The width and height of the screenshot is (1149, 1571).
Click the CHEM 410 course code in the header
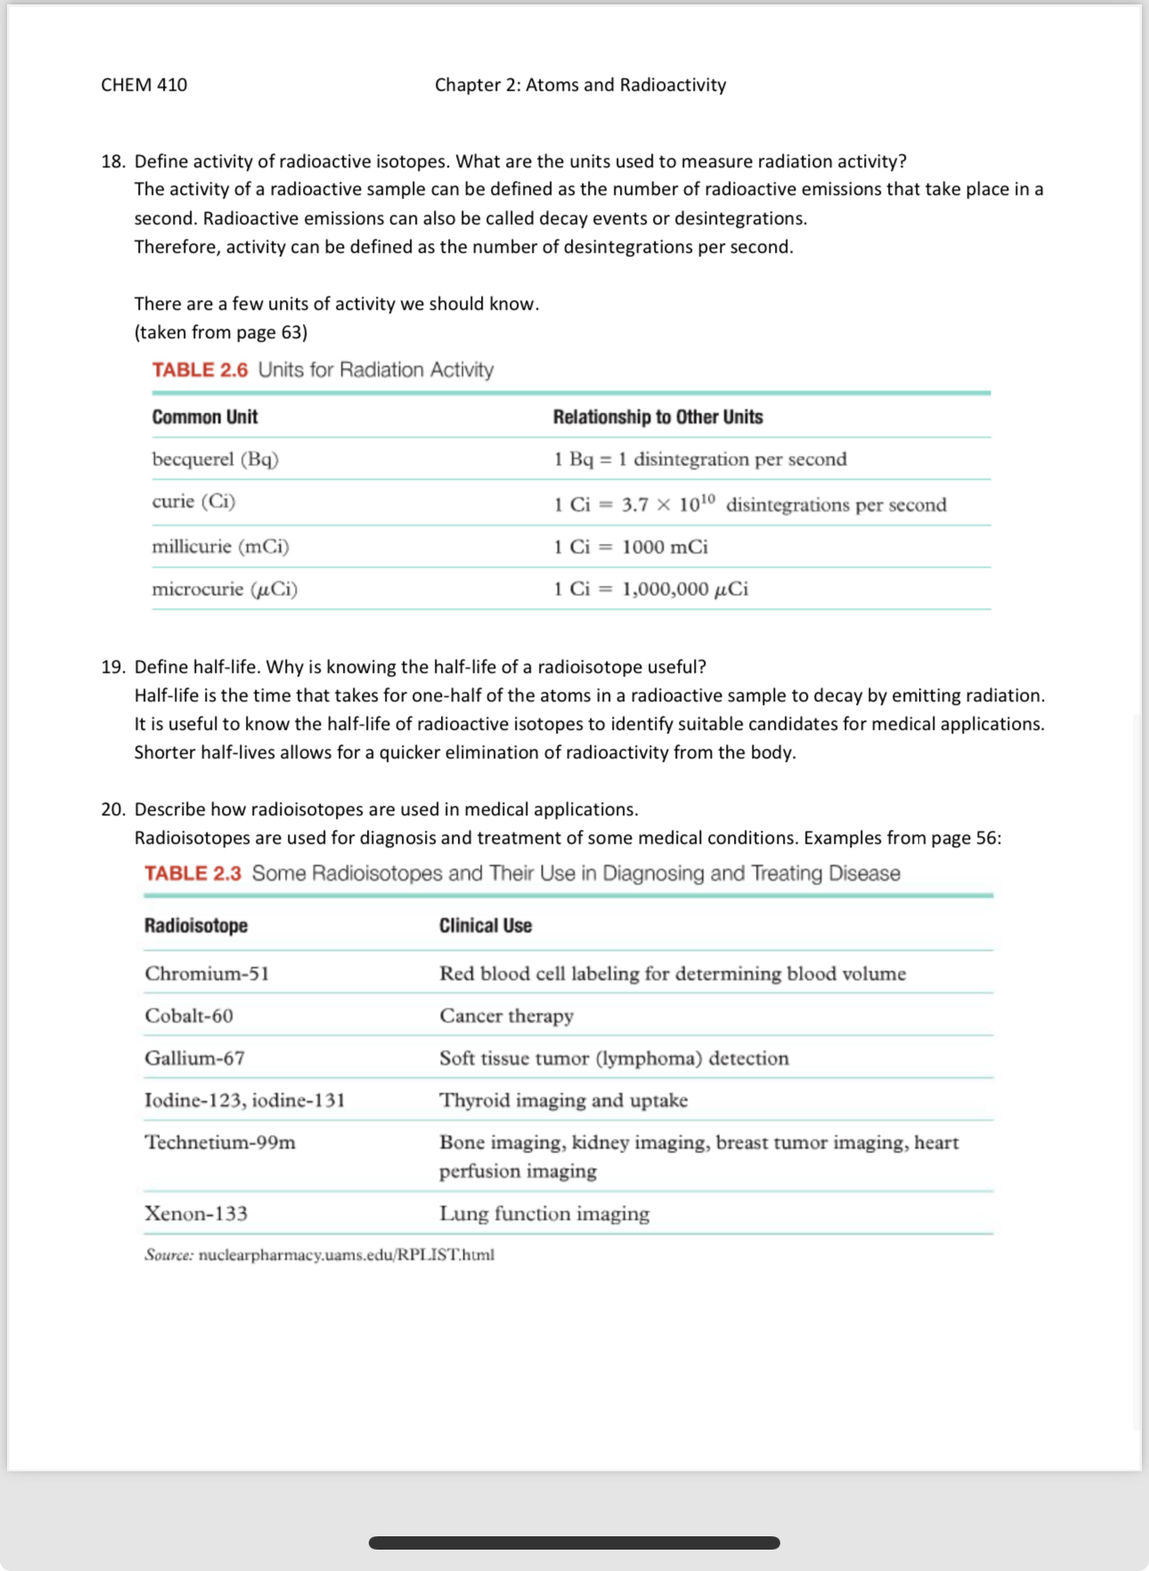point(143,85)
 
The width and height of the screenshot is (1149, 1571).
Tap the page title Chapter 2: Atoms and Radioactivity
point(580,85)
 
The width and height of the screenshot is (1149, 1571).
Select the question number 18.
point(112,161)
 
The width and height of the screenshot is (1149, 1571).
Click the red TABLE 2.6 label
point(200,369)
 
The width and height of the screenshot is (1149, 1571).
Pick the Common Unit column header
point(205,417)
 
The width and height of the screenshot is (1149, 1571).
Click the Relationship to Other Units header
point(657,417)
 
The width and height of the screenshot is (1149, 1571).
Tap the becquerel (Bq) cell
point(216,459)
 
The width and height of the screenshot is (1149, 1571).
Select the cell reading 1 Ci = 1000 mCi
point(631,547)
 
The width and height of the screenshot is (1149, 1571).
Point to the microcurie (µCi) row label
point(224,589)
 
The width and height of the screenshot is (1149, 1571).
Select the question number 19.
point(112,667)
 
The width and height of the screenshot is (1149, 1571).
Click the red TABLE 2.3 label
point(192,873)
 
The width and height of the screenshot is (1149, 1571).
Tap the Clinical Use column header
point(485,926)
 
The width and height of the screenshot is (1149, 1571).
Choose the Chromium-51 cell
point(207,974)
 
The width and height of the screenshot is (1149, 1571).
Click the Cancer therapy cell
point(506,1016)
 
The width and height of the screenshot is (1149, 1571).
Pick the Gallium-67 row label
point(195,1058)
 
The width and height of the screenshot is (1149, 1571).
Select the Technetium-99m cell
point(220,1143)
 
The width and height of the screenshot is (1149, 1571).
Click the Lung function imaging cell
point(544,1214)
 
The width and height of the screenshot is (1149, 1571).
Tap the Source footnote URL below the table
point(346,1255)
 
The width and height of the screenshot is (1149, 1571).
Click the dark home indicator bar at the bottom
point(574,1543)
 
